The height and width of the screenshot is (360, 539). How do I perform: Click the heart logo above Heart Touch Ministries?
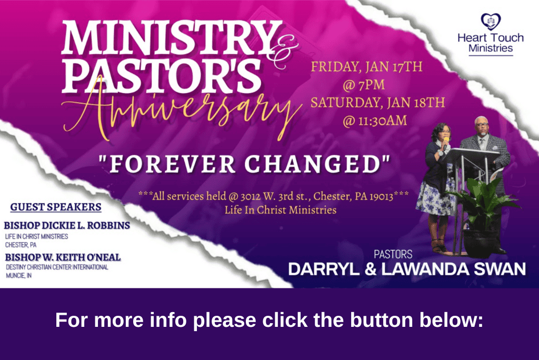(491, 22)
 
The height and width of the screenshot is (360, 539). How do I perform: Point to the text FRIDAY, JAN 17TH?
(366, 66)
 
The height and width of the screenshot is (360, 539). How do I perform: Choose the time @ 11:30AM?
(375, 121)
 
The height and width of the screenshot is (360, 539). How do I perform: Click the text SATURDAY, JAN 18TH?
(377, 103)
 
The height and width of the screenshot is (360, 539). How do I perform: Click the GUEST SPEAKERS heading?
(56, 207)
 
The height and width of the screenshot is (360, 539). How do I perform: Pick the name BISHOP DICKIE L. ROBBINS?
(67, 226)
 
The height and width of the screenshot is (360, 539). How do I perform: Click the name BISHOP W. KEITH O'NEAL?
(63, 257)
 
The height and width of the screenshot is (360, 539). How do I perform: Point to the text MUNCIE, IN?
(18, 275)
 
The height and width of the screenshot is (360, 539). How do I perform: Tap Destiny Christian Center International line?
(57, 267)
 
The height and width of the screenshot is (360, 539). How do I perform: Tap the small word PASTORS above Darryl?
(393, 254)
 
